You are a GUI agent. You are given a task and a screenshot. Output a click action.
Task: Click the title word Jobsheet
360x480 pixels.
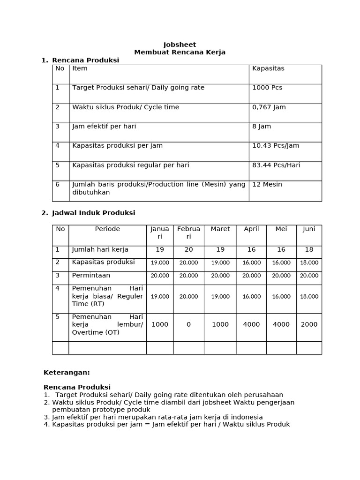(180, 45)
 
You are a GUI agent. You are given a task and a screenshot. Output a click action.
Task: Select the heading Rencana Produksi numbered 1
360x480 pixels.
(85, 60)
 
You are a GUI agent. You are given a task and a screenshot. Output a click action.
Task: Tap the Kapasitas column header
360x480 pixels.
(268, 68)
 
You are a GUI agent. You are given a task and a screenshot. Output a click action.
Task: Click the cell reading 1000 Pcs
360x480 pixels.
(267, 88)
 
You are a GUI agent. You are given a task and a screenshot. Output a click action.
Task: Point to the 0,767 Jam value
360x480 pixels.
(269, 107)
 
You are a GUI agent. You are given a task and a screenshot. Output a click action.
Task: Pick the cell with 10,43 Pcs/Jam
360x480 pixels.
(275, 146)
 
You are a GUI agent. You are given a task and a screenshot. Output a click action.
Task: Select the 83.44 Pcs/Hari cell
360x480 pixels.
(276, 165)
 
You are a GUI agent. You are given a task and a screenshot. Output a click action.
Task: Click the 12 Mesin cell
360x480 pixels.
(267, 184)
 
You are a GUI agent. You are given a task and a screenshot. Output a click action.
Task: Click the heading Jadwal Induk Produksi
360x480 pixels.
(93, 213)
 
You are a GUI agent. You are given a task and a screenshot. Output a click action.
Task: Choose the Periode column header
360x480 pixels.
(107, 229)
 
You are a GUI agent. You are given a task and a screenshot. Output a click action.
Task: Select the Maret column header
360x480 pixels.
(220, 229)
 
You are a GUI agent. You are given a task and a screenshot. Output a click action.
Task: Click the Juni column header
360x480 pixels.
(309, 229)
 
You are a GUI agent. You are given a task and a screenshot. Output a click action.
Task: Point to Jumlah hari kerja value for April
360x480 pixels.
(251, 250)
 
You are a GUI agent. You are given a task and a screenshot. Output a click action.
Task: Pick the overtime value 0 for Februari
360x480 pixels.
(188, 324)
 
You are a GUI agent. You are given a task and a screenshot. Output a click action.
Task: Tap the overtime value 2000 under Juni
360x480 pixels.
(309, 324)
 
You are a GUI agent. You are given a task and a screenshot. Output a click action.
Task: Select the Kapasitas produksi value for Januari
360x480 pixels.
(160, 263)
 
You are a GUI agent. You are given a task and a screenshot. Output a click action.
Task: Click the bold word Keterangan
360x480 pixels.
(66, 373)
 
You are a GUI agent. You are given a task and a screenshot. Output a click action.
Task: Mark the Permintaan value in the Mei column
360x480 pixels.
(281, 276)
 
